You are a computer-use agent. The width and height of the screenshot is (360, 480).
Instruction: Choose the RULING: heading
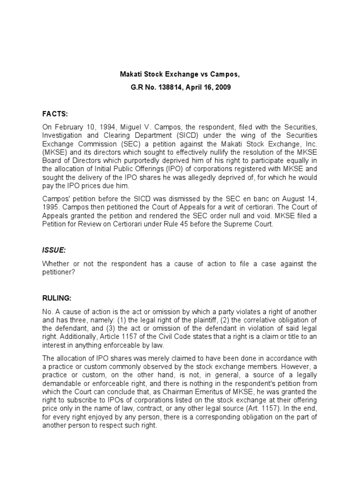pyautogui.click(x=57, y=296)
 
